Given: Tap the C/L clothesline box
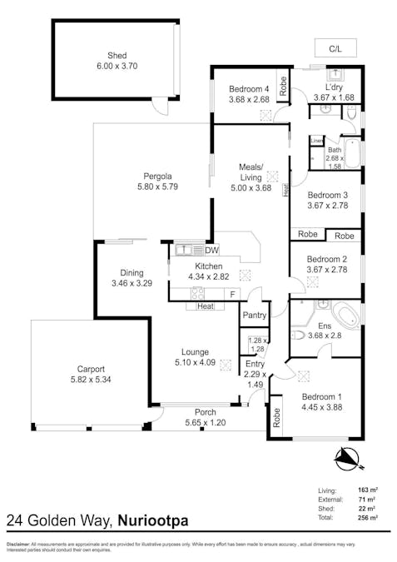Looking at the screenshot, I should click(x=335, y=47).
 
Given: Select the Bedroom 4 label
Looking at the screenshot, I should click(x=249, y=89).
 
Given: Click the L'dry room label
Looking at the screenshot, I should click(x=335, y=87).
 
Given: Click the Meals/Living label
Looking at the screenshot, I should click(x=251, y=172).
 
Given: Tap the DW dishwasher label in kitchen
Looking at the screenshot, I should click(x=211, y=250).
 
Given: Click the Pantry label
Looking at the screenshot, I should click(x=254, y=316).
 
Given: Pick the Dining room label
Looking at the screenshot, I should click(x=132, y=272).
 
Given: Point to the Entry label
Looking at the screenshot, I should click(x=254, y=364).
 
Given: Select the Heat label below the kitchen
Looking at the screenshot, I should click(x=205, y=306).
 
